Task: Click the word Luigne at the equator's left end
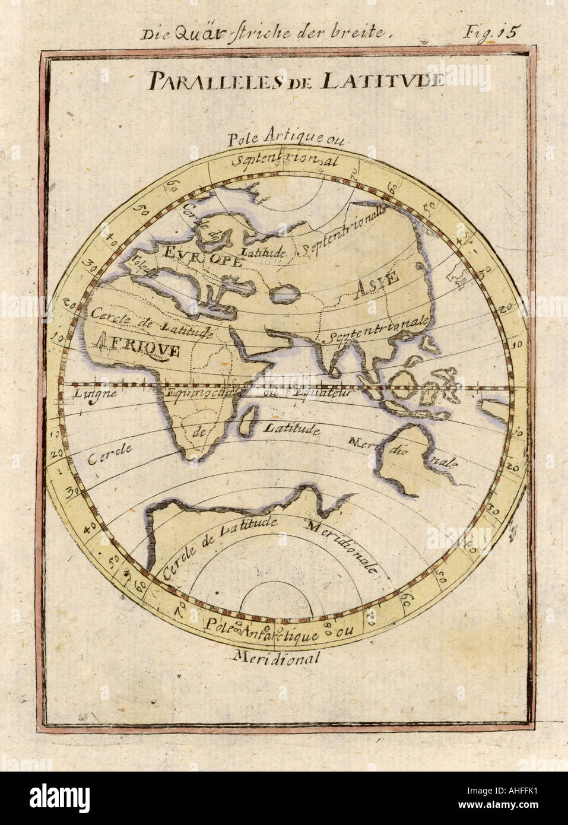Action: coord(87,392)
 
